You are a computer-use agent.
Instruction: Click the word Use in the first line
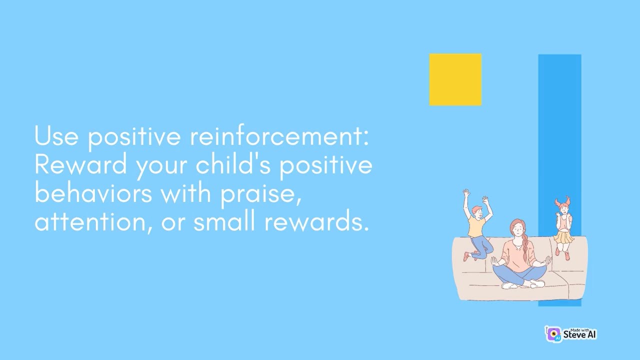coord(56,136)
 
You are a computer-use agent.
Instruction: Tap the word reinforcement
coord(279,136)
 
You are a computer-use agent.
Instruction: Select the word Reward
coord(80,164)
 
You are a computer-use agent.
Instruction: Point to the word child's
coord(233,164)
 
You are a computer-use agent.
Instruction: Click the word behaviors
coord(93,193)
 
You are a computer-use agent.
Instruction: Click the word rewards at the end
coord(316,221)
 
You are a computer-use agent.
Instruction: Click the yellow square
coord(455,79)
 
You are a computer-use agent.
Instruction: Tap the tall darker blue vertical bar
coord(559,125)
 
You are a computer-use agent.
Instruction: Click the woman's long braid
coord(525,250)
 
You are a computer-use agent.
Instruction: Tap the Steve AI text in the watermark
coord(579,335)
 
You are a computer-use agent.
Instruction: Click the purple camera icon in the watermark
coord(553,334)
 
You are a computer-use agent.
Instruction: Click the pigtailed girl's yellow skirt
coord(563,237)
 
